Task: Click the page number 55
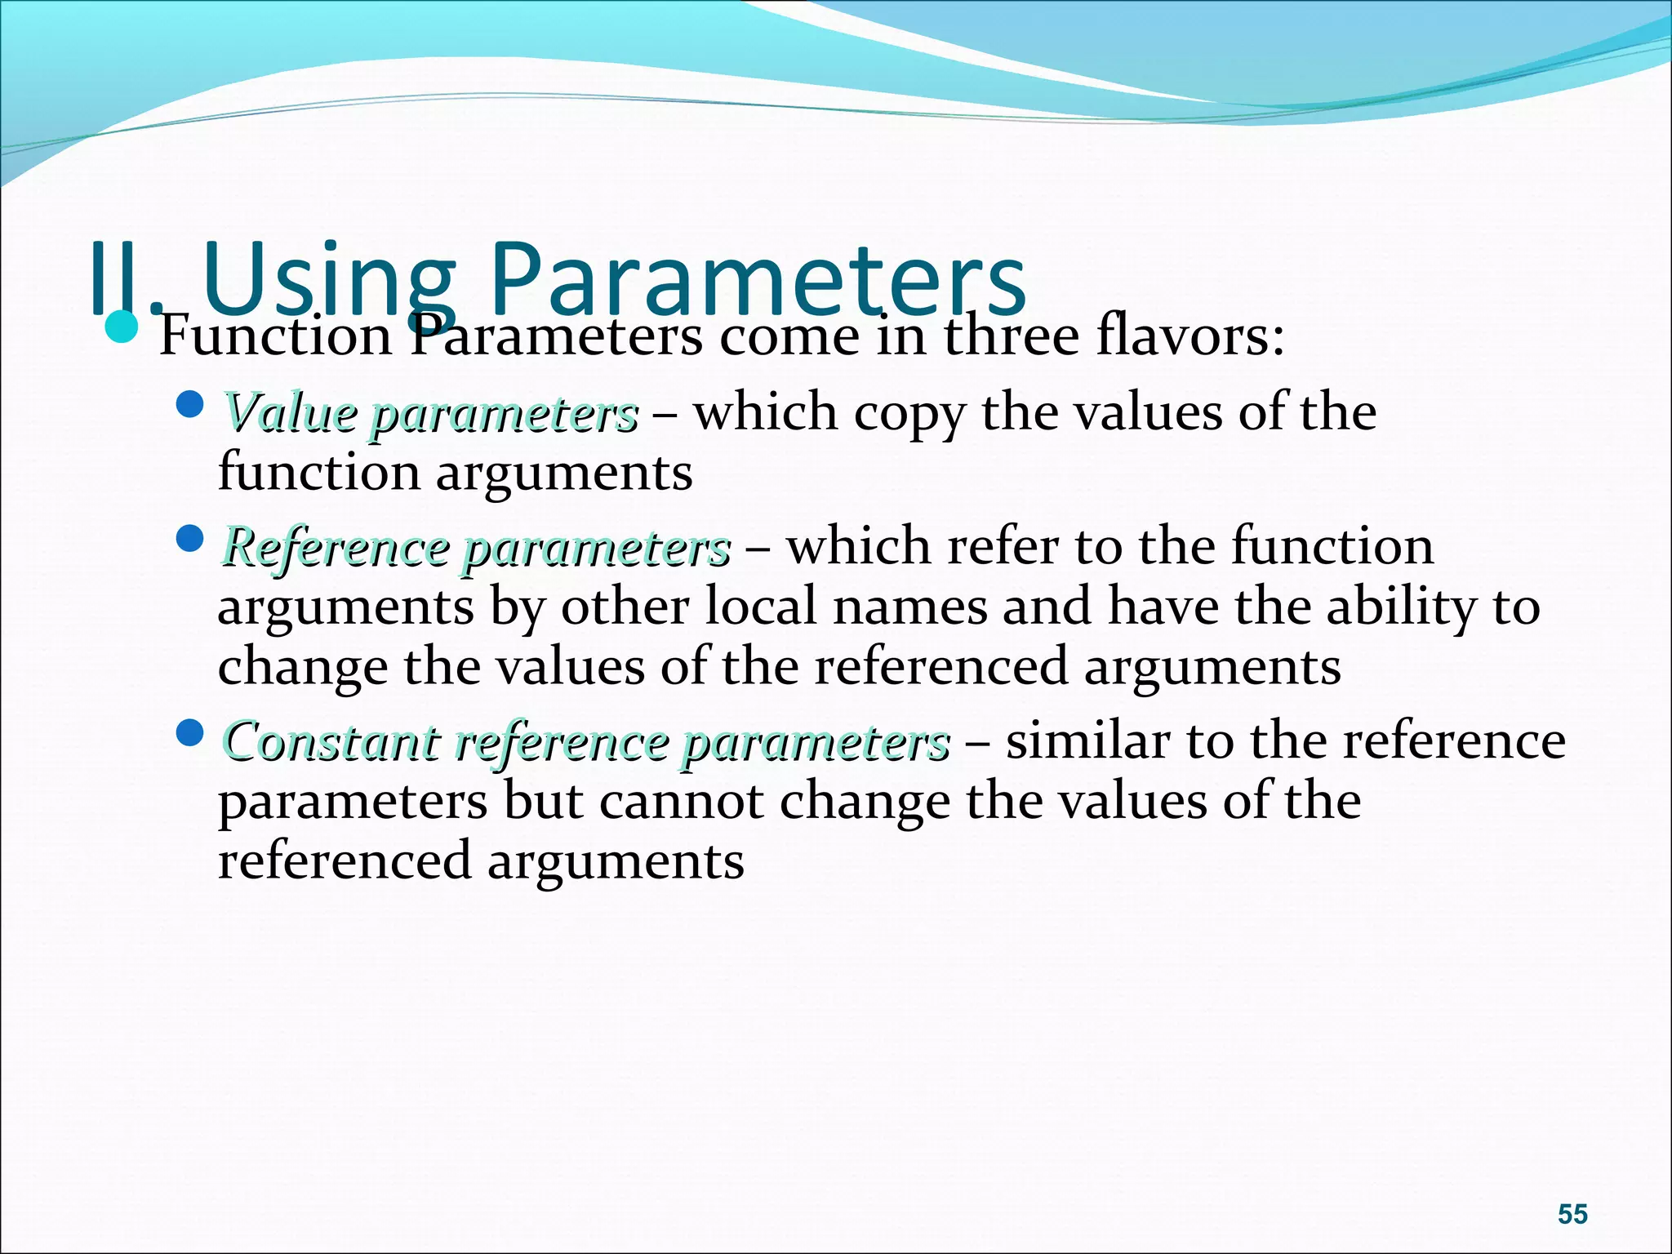pyautogui.click(x=1572, y=1214)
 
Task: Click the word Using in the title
pyautogui.click(x=331, y=278)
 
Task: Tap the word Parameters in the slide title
pyautogui.click(x=757, y=278)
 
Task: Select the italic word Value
pyautogui.click(x=290, y=412)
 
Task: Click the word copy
pyautogui.click(x=909, y=412)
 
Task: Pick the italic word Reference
pyautogui.click(x=335, y=546)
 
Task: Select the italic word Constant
pyautogui.click(x=331, y=741)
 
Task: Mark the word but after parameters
pyautogui.click(x=543, y=801)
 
